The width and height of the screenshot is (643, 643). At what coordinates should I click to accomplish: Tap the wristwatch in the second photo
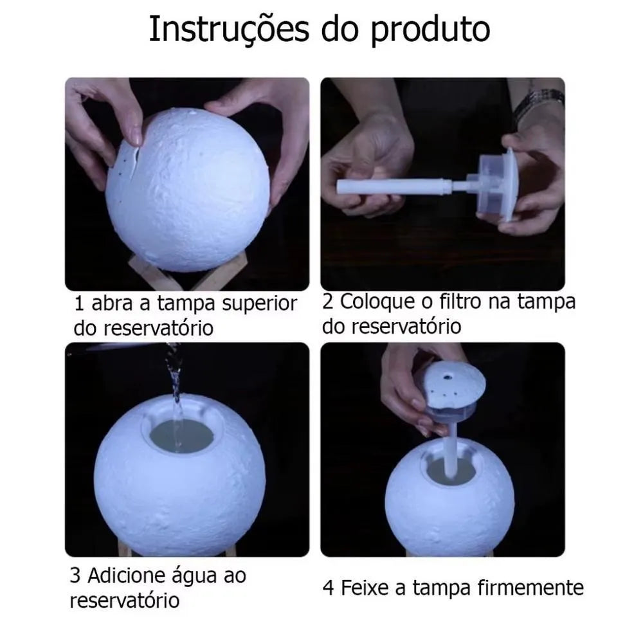pos(539,103)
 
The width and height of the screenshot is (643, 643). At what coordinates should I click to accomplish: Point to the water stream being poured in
pos(174,379)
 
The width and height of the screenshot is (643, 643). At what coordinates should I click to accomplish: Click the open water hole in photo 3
pos(181,436)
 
